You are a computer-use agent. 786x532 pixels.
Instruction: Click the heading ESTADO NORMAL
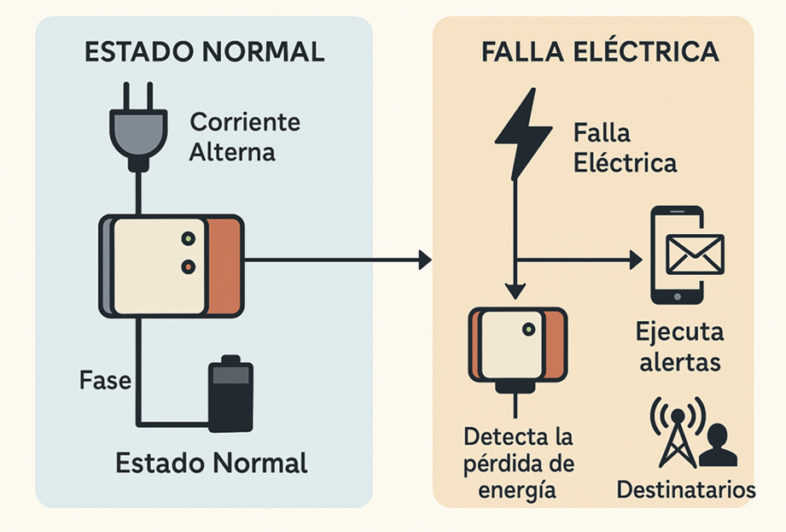[x=204, y=51]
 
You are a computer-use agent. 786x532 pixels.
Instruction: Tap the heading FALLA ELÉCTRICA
[x=599, y=51]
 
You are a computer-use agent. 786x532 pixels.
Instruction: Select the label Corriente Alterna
[x=244, y=137]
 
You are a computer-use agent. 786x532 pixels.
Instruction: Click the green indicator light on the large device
[x=188, y=238]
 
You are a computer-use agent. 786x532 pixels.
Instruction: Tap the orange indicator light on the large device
[x=188, y=267]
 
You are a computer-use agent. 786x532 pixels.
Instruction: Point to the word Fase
[x=105, y=380]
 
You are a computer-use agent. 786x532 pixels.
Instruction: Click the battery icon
[x=230, y=394]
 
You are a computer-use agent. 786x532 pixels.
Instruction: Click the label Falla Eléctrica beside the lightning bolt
[x=625, y=148]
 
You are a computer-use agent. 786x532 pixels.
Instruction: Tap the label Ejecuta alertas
[x=678, y=346]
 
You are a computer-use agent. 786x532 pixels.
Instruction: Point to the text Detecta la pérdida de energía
[x=518, y=463]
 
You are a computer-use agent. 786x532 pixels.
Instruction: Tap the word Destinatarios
[x=685, y=490]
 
